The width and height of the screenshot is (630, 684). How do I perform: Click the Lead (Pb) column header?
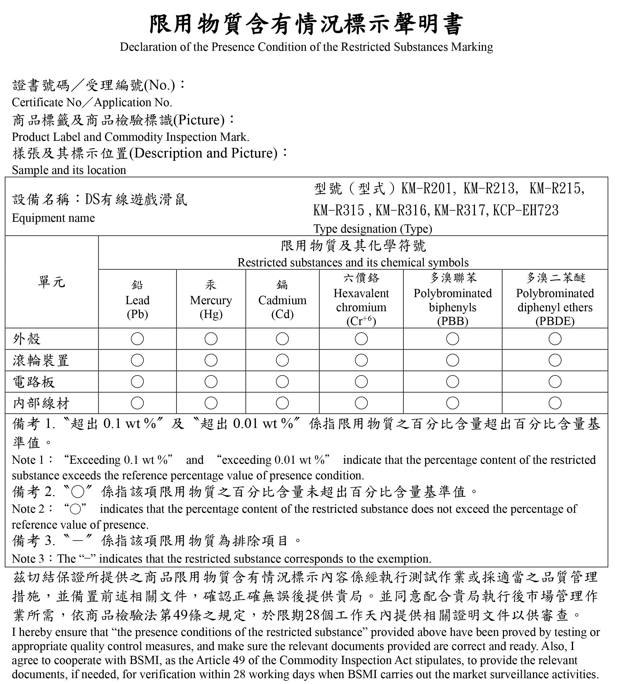click(x=137, y=300)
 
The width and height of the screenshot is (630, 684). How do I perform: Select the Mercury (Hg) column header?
click(x=211, y=300)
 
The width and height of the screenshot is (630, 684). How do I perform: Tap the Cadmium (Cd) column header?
click(x=282, y=300)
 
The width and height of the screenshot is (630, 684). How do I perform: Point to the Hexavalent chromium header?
click(x=361, y=300)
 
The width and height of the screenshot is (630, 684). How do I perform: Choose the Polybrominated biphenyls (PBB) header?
click(x=452, y=300)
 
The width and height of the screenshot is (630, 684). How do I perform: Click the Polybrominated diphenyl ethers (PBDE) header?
click(x=555, y=300)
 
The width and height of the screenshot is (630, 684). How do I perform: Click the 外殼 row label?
click(x=27, y=339)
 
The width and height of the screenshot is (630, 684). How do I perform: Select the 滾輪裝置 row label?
click(x=41, y=360)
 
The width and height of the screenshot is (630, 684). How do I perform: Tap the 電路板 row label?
click(x=33, y=382)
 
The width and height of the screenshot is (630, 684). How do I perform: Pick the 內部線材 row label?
click(x=41, y=403)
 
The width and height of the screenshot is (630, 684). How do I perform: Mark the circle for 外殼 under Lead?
click(x=137, y=339)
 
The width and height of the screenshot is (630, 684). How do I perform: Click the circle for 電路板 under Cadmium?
click(x=282, y=382)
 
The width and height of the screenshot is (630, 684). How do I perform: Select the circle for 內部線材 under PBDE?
click(x=555, y=403)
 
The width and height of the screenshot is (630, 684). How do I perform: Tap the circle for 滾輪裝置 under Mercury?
click(x=211, y=360)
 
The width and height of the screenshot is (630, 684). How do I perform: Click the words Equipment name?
click(x=53, y=218)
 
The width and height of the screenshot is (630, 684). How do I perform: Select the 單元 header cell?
click(x=51, y=282)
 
